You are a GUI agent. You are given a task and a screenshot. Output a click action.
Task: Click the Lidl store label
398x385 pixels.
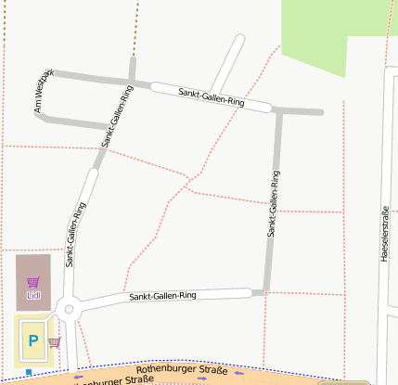[x=34, y=296]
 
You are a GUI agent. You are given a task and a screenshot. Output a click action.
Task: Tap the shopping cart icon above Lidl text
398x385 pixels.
[x=34, y=282]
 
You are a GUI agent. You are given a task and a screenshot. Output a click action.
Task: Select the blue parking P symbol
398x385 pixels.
[x=33, y=341]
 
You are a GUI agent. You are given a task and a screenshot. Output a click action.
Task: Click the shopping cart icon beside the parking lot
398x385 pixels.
[x=54, y=342]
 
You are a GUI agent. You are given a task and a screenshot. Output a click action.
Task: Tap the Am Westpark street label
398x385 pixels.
[x=44, y=93]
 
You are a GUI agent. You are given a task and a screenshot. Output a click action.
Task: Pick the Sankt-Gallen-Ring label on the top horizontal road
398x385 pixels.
[x=212, y=98]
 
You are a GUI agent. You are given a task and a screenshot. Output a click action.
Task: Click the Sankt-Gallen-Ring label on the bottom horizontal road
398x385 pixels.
[x=163, y=296]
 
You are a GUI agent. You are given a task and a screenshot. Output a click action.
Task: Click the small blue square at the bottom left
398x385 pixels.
[x=29, y=373]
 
